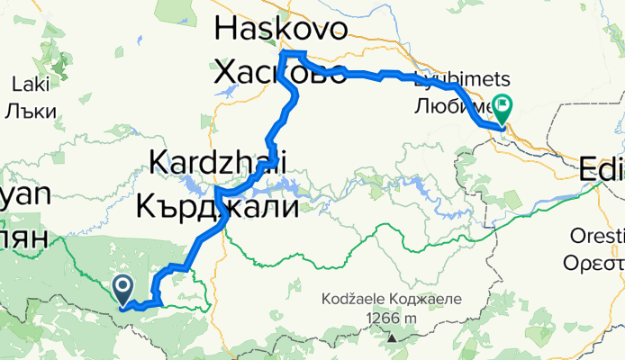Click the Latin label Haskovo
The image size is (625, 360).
coord(280,31)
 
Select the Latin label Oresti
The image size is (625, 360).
coord(596,236)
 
